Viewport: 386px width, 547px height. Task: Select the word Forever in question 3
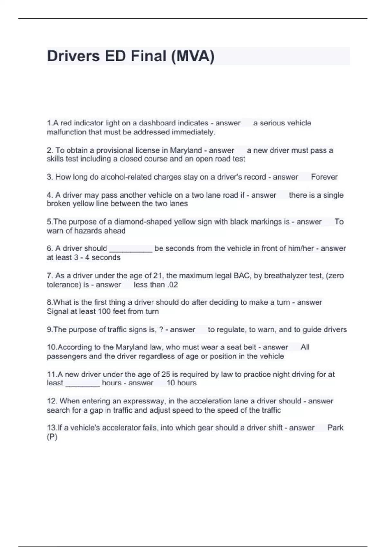coord(324,177)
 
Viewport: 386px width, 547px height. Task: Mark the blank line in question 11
coord(83,384)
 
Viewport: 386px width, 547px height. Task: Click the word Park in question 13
coord(335,428)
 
